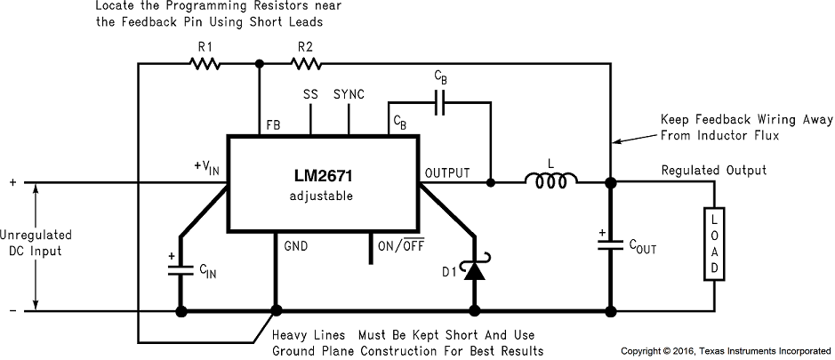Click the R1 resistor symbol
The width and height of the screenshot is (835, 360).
pos(205,64)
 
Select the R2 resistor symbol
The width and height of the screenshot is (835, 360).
pos(307,64)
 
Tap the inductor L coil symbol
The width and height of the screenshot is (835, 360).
pos(551,181)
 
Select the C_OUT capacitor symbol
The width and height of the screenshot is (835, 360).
pos(610,246)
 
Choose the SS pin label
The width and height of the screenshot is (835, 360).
pos(309,93)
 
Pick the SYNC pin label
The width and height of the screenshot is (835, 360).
pos(349,93)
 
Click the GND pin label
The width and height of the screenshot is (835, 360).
pos(296,245)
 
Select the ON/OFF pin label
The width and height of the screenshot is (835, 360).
pos(401,245)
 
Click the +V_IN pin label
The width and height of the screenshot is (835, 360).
pos(206,167)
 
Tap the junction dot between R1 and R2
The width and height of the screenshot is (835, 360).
pos(259,64)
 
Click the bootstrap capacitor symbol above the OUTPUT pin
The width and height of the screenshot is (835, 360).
pos(441,104)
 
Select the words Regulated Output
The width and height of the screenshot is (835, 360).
pos(713,170)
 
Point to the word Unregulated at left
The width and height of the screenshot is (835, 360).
pos(36,236)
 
